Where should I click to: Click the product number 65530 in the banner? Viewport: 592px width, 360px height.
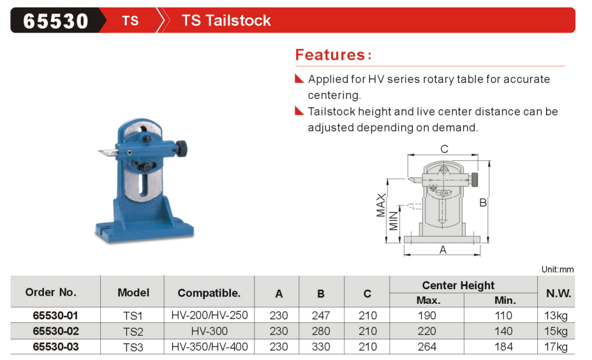coord(56,21)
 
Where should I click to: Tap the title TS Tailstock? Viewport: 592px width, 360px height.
coord(226,20)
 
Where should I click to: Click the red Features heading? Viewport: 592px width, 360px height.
coord(333,55)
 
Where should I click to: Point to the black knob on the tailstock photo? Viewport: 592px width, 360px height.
coord(182,149)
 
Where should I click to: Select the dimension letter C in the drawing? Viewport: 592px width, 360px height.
coord(445,149)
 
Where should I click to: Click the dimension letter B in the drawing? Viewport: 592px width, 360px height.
coord(483,203)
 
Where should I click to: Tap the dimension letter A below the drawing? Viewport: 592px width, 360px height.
coord(443,250)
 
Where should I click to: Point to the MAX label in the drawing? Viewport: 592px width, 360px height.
coord(381,205)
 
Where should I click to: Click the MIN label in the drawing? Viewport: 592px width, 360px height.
coord(394,221)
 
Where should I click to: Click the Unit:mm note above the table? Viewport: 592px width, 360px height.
coord(558,269)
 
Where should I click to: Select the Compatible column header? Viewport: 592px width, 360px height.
coord(209,293)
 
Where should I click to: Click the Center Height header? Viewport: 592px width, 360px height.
coord(458,285)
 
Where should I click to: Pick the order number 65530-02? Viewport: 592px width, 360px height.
coord(56,331)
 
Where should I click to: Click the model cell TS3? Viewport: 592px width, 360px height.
coord(133,347)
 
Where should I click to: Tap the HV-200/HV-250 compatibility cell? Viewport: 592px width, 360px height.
coord(209,315)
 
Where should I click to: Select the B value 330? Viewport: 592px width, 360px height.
coord(321,347)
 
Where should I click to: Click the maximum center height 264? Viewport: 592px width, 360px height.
coord(427,347)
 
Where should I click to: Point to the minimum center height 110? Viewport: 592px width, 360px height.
coord(503,315)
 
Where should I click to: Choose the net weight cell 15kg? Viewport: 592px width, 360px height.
coord(556,331)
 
